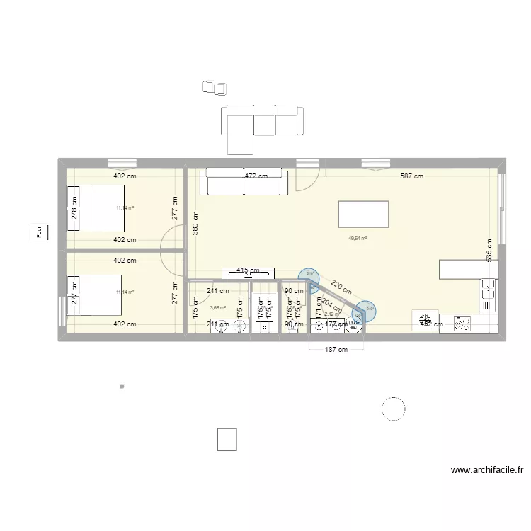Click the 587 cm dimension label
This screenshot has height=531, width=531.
(x=409, y=176)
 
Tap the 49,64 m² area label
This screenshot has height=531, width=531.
(x=358, y=238)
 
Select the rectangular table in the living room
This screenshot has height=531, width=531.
(x=364, y=213)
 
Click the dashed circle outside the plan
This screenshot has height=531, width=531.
(x=393, y=409)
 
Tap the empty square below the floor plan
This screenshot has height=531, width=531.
(x=227, y=440)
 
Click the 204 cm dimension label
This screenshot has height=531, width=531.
(x=330, y=306)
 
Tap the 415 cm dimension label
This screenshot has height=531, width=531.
(x=248, y=271)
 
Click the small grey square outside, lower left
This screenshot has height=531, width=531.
(x=122, y=387)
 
